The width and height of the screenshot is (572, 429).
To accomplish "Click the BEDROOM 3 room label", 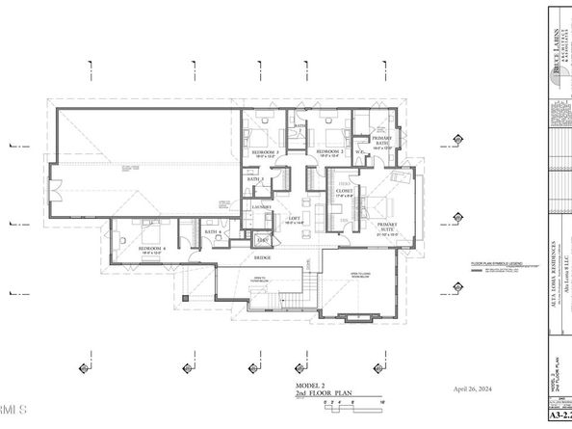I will point(265,152).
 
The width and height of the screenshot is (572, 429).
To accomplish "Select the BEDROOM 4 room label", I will point(151,249).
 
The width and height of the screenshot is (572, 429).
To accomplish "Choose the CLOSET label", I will point(344,192).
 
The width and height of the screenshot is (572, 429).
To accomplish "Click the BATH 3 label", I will point(254,179).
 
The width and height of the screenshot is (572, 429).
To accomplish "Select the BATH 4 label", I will point(211,231).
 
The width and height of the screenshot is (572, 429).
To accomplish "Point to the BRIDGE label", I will point(263,258).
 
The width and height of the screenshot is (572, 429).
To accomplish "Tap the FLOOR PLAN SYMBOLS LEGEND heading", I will point(496,263).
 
